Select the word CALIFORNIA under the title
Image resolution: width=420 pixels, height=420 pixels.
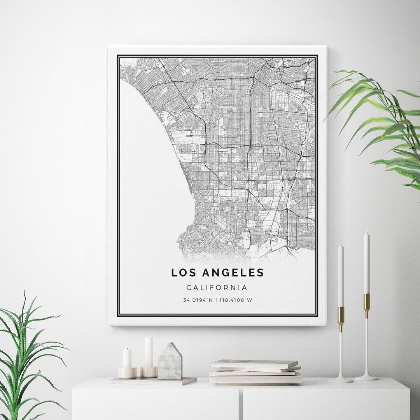(217, 288)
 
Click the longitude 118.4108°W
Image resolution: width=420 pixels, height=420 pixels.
(236, 300)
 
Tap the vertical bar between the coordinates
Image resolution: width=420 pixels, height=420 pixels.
(217, 300)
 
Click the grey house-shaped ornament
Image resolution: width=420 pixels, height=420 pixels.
(170, 362)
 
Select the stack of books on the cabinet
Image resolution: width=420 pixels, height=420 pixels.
(255, 372)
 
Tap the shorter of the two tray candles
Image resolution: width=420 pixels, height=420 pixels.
(128, 358)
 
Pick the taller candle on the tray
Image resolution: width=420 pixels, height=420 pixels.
(149, 352)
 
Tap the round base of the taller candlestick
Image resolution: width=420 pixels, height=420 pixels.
(367, 377)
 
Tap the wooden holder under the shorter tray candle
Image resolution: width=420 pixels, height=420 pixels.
(128, 373)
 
